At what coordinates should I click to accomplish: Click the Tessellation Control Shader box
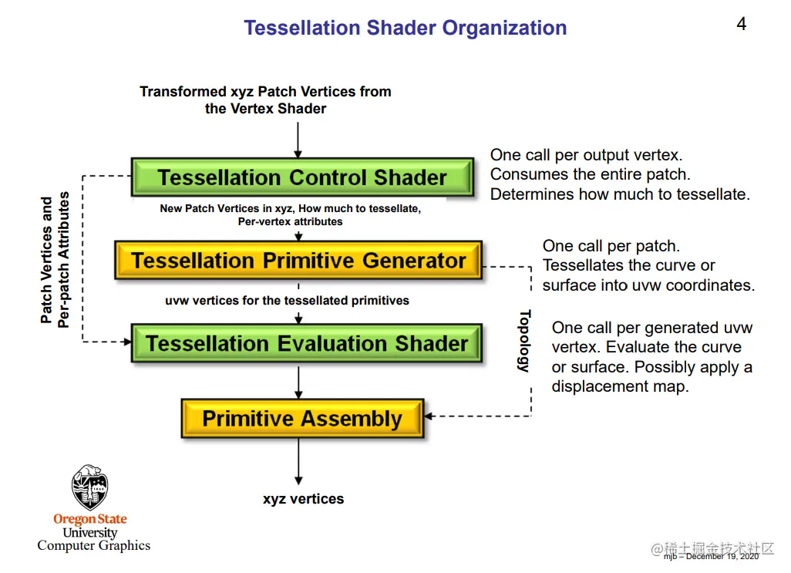pos(302,177)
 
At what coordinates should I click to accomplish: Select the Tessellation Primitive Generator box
pos(298,261)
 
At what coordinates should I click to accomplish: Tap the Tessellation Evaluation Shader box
pos(306,343)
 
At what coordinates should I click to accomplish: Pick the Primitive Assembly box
pos(302,419)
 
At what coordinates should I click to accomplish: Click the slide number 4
pos(741,24)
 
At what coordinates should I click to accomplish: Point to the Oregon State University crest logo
pos(90,487)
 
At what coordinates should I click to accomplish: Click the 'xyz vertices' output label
pos(303,499)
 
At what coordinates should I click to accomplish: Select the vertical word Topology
pos(524,341)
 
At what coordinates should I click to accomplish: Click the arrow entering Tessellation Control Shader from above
pos(298,138)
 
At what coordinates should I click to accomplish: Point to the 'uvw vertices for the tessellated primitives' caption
pos(287,300)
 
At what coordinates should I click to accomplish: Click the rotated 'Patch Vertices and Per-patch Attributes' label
pos(56,260)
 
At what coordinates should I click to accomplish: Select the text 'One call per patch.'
pos(611,246)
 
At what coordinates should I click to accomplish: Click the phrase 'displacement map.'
pos(620,386)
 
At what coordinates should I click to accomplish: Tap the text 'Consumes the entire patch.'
pos(591,174)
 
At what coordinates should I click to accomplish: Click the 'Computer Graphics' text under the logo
pos(93,545)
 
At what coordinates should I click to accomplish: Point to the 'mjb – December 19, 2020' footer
pos(710,556)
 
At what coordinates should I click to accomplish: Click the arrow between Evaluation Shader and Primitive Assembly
pos(298,381)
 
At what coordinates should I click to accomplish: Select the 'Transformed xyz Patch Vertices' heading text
pos(265,92)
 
